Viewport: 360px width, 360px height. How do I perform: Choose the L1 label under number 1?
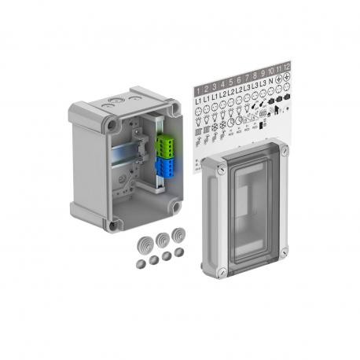coord(198,101)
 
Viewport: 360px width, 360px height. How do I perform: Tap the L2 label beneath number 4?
coord(222,98)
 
